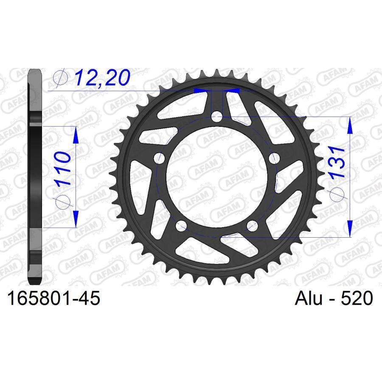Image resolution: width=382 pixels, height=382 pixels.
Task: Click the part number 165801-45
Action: point(53,299)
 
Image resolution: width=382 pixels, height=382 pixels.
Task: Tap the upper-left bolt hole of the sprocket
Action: point(160,158)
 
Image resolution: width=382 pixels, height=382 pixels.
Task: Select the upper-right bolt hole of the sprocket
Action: point(274,158)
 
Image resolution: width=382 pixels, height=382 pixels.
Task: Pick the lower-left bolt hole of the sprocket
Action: point(181,225)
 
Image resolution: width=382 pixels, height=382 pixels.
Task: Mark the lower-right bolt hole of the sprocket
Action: point(252,225)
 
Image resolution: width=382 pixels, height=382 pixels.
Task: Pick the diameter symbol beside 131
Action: point(338,195)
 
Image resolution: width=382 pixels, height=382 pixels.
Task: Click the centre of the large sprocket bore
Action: point(217,176)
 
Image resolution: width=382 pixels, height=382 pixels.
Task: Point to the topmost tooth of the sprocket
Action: point(217,73)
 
